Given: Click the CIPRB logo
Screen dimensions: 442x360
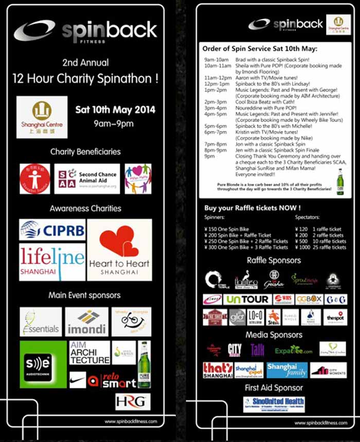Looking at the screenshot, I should tap(52, 231).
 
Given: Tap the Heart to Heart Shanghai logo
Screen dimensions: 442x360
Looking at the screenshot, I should tap(119, 250).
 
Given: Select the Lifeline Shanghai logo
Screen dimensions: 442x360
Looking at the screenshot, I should tap(52, 262).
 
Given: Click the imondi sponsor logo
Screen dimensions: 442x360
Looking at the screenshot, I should tap(86, 322).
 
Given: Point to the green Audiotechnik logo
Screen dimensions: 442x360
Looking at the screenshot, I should tap(44, 363).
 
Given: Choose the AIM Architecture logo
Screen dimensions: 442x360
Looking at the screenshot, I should tap(89, 352).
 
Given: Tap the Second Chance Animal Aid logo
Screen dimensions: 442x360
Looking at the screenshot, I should tap(87, 178).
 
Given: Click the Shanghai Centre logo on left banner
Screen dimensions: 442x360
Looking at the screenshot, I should tap(42, 117).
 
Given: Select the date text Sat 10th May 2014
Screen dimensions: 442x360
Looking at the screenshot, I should tap(115, 109).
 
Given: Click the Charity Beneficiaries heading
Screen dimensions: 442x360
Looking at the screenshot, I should tap(85, 152).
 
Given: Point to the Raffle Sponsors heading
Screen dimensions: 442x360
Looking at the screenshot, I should tap(274, 261).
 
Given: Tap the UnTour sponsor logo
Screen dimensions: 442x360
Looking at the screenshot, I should tap(247, 299).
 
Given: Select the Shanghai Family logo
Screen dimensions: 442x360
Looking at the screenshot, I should tap(287, 370).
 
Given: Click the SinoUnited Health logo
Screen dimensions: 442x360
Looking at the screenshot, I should tap(274, 404).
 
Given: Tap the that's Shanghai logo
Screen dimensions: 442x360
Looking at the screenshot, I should tap(218, 370).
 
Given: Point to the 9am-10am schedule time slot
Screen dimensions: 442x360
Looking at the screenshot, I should tap(215, 61).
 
